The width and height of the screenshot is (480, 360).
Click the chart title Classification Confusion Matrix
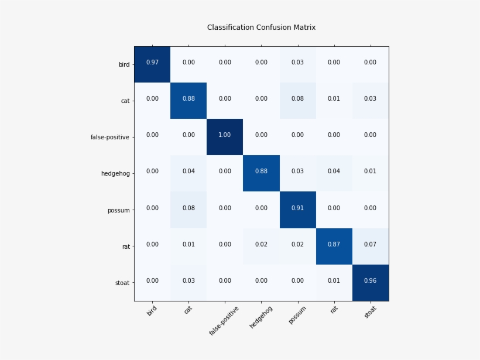(261, 28)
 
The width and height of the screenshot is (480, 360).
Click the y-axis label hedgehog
(115, 174)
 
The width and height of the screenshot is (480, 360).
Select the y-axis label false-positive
(109, 138)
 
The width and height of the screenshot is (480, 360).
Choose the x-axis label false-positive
(224, 320)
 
